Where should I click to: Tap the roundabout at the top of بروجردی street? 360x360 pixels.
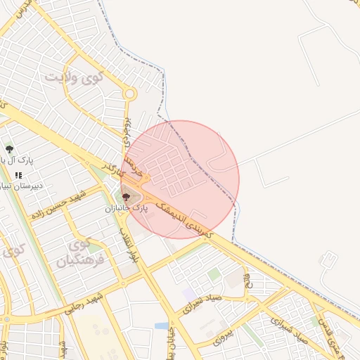[129, 93]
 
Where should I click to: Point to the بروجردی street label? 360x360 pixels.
[127, 131]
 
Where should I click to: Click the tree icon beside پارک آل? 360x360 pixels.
[9, 149]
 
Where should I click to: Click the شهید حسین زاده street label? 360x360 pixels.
[62, 201]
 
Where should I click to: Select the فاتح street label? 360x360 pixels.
[247, 281]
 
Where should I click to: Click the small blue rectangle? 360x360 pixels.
[162, 326]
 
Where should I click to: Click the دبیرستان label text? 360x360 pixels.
[21, 186]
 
